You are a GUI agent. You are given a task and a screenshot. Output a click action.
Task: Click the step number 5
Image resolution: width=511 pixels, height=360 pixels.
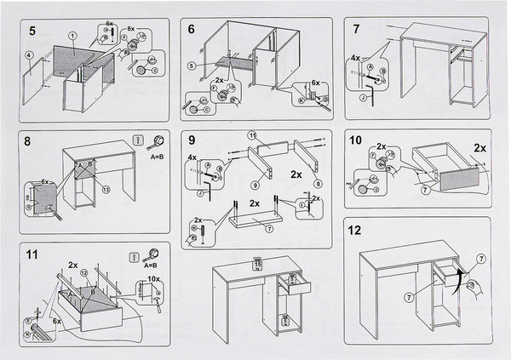click(x=32, y=31)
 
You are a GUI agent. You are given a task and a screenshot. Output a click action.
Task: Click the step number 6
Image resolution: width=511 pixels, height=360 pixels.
click(x=192, y=29)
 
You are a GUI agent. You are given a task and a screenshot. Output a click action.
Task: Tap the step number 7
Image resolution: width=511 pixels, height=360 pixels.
click(x=356, y=29)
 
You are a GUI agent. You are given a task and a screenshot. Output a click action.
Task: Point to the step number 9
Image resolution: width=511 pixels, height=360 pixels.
click(x=193, y=140)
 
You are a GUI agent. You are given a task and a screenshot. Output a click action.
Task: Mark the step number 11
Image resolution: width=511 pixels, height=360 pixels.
click(x=32, y=254)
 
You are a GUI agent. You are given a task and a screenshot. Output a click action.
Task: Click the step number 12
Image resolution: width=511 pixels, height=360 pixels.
click(x=356, y=230)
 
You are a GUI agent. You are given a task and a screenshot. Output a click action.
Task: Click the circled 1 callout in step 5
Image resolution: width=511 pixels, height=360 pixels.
click(x=73, y=35)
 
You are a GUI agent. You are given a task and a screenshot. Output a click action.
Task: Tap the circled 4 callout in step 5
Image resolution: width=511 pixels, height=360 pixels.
click(x=29, y=56)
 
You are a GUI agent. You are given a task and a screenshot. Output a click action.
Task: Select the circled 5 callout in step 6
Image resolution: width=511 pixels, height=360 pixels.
click(x=192, y=66)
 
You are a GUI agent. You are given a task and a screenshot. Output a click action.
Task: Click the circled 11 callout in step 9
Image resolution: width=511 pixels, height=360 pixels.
click(x=252, y=136)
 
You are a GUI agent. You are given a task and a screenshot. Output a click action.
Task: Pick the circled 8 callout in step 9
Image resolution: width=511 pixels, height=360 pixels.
click(x=318, y=182)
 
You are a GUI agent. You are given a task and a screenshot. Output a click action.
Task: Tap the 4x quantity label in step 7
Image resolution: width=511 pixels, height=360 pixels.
click(x=354, y=60)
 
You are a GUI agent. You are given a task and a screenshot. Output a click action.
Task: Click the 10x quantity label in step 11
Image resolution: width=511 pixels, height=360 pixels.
click(x=153, y=278)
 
